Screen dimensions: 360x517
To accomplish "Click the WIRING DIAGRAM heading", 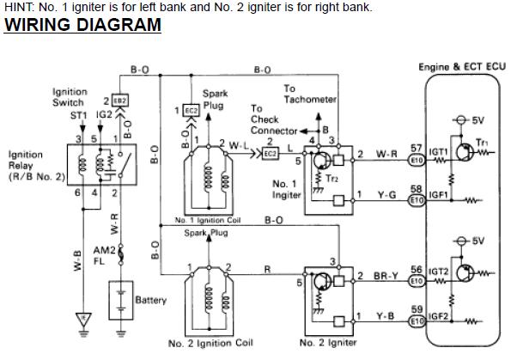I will click(x=82, y=25).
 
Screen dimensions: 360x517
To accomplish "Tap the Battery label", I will click(x=151, y=301).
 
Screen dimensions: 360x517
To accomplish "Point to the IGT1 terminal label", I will click(x=439, y=152).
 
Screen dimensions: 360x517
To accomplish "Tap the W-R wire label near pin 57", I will click(x=386, y=155).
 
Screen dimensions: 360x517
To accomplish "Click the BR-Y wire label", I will click(x=386, y=276).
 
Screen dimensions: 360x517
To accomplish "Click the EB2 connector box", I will click(x=120, y=101).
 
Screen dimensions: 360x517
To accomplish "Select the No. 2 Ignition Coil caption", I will click(x=210, y=344).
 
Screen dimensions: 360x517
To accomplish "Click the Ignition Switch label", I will click(x=69, y=97).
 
